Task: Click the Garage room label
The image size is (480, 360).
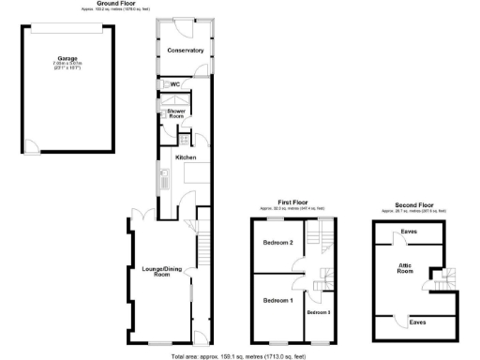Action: pyautogui.click(x=67, y=58)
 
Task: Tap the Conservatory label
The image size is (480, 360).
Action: pyautogui.click(x=185, y=50)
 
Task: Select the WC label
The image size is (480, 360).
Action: pyautogui.click(x=175, y=84)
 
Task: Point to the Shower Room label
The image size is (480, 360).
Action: pyautogui.click(x=176, y=113)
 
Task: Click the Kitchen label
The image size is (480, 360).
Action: pyautogui.click(x=186, y=157)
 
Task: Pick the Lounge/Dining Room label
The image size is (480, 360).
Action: pyautogui.click(x=156, y=272)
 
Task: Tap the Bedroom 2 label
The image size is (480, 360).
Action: pyautogui.click(x=277, y=243)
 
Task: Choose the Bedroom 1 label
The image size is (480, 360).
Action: pyautogui.click(x=277, y=300)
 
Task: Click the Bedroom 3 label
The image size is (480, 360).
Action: pyautogui.click(x=319, y=310)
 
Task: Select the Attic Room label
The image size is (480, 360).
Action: pyautogui.click(x=405, y=269)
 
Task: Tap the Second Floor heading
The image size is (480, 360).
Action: pyautogui.click(x=413, y=203)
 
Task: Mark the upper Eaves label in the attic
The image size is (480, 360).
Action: pyautogui.click(x=409, y=231)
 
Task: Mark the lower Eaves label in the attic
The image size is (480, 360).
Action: pyautogui.click(x=418, y=322)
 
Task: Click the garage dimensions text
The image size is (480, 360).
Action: pyautogui.click(x=67, y=67)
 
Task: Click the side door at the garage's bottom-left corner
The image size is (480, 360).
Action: pyautogui.click(x=30, y=148)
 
